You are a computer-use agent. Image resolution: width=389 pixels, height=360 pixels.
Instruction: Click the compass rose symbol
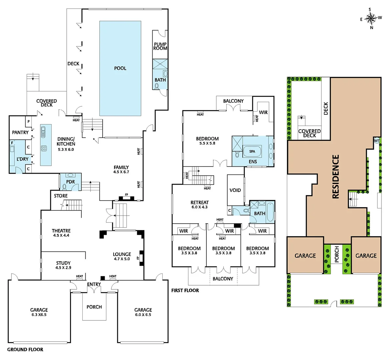[371, 18]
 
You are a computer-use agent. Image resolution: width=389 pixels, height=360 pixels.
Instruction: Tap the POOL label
[120, 68]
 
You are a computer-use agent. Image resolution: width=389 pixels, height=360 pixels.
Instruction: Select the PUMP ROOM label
[160, 46]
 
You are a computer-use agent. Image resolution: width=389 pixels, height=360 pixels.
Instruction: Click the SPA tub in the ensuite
[252, 151]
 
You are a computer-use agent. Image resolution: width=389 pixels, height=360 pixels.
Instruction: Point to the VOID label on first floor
[235, 190]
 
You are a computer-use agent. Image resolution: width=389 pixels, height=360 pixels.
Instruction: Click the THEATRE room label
[61, 231]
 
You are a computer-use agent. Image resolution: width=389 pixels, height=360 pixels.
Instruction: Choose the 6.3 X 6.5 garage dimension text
[39, 315]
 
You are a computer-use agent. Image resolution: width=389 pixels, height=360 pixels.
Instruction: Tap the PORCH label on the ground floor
[94, 307]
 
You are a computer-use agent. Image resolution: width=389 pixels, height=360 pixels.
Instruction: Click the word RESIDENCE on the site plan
[336, 177]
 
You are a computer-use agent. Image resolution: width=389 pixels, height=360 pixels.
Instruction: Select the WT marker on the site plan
[377, 140]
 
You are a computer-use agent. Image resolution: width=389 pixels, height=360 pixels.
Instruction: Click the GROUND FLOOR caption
[25, 349]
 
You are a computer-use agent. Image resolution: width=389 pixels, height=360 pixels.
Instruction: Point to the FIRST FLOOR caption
[185, 290]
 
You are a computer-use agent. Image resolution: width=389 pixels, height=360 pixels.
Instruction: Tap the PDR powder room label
[71, 182]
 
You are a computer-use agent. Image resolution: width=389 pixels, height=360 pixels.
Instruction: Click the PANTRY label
[20, 132]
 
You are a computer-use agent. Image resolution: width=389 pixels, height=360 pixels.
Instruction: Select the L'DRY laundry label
[22, 159]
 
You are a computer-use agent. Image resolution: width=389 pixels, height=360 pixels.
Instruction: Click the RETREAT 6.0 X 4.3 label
[199, 204]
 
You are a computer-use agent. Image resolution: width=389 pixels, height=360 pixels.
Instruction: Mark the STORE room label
[61, 196]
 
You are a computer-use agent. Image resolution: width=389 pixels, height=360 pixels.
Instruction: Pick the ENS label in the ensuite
[253, 162]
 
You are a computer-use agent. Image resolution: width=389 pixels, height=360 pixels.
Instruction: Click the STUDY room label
[63, 263]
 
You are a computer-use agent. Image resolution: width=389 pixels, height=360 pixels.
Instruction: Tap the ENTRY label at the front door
[94, 284]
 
